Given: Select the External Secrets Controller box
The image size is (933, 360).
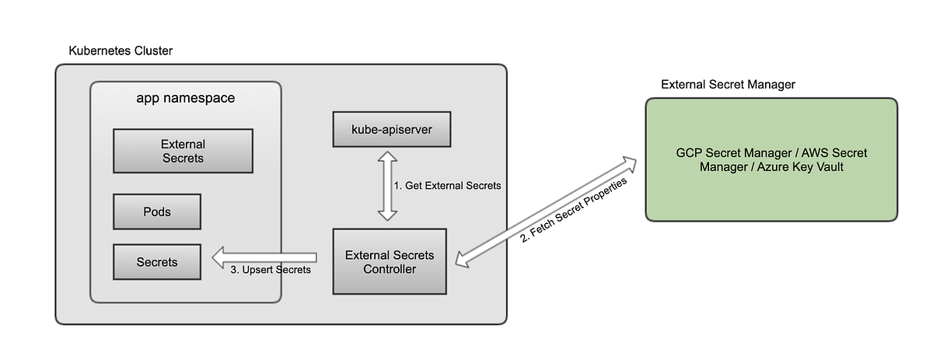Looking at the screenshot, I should (390, 261).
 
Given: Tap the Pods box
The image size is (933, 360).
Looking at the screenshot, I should (157, 211).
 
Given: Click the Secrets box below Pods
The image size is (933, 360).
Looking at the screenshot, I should (157, 262).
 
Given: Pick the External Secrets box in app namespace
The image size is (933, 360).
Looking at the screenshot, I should (183, 151).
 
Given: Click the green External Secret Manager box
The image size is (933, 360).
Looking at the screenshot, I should (771, 159).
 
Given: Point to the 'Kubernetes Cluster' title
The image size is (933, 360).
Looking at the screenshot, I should (121, 51).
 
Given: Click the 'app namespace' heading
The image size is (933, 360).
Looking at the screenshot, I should (185, 99).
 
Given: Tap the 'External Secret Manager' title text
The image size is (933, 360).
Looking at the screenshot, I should (727, 84).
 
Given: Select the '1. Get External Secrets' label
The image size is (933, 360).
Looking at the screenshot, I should (447, 186).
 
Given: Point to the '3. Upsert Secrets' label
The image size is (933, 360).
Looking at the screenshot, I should (271, 271).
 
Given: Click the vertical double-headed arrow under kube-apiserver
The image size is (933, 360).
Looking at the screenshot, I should (386, 187).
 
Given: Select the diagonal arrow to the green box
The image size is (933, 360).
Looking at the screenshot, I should (544, 211).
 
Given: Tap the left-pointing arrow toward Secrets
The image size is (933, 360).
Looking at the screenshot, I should (264, 257).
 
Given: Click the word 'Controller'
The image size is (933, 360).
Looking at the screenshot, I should (390, 269).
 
